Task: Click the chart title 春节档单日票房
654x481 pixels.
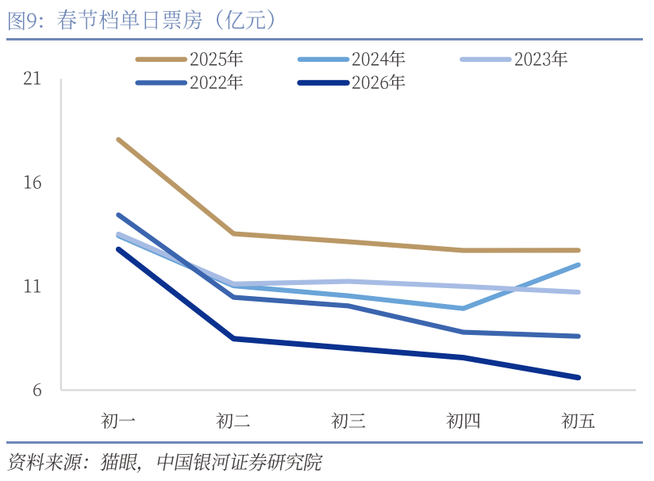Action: click(143, 21)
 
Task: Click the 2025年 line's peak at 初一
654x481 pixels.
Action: click(118, 140)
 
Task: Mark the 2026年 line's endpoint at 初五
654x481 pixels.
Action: click(578, 377)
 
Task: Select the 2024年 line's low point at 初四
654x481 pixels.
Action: click(464, 308)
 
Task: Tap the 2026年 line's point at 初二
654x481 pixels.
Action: click(233, 338)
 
